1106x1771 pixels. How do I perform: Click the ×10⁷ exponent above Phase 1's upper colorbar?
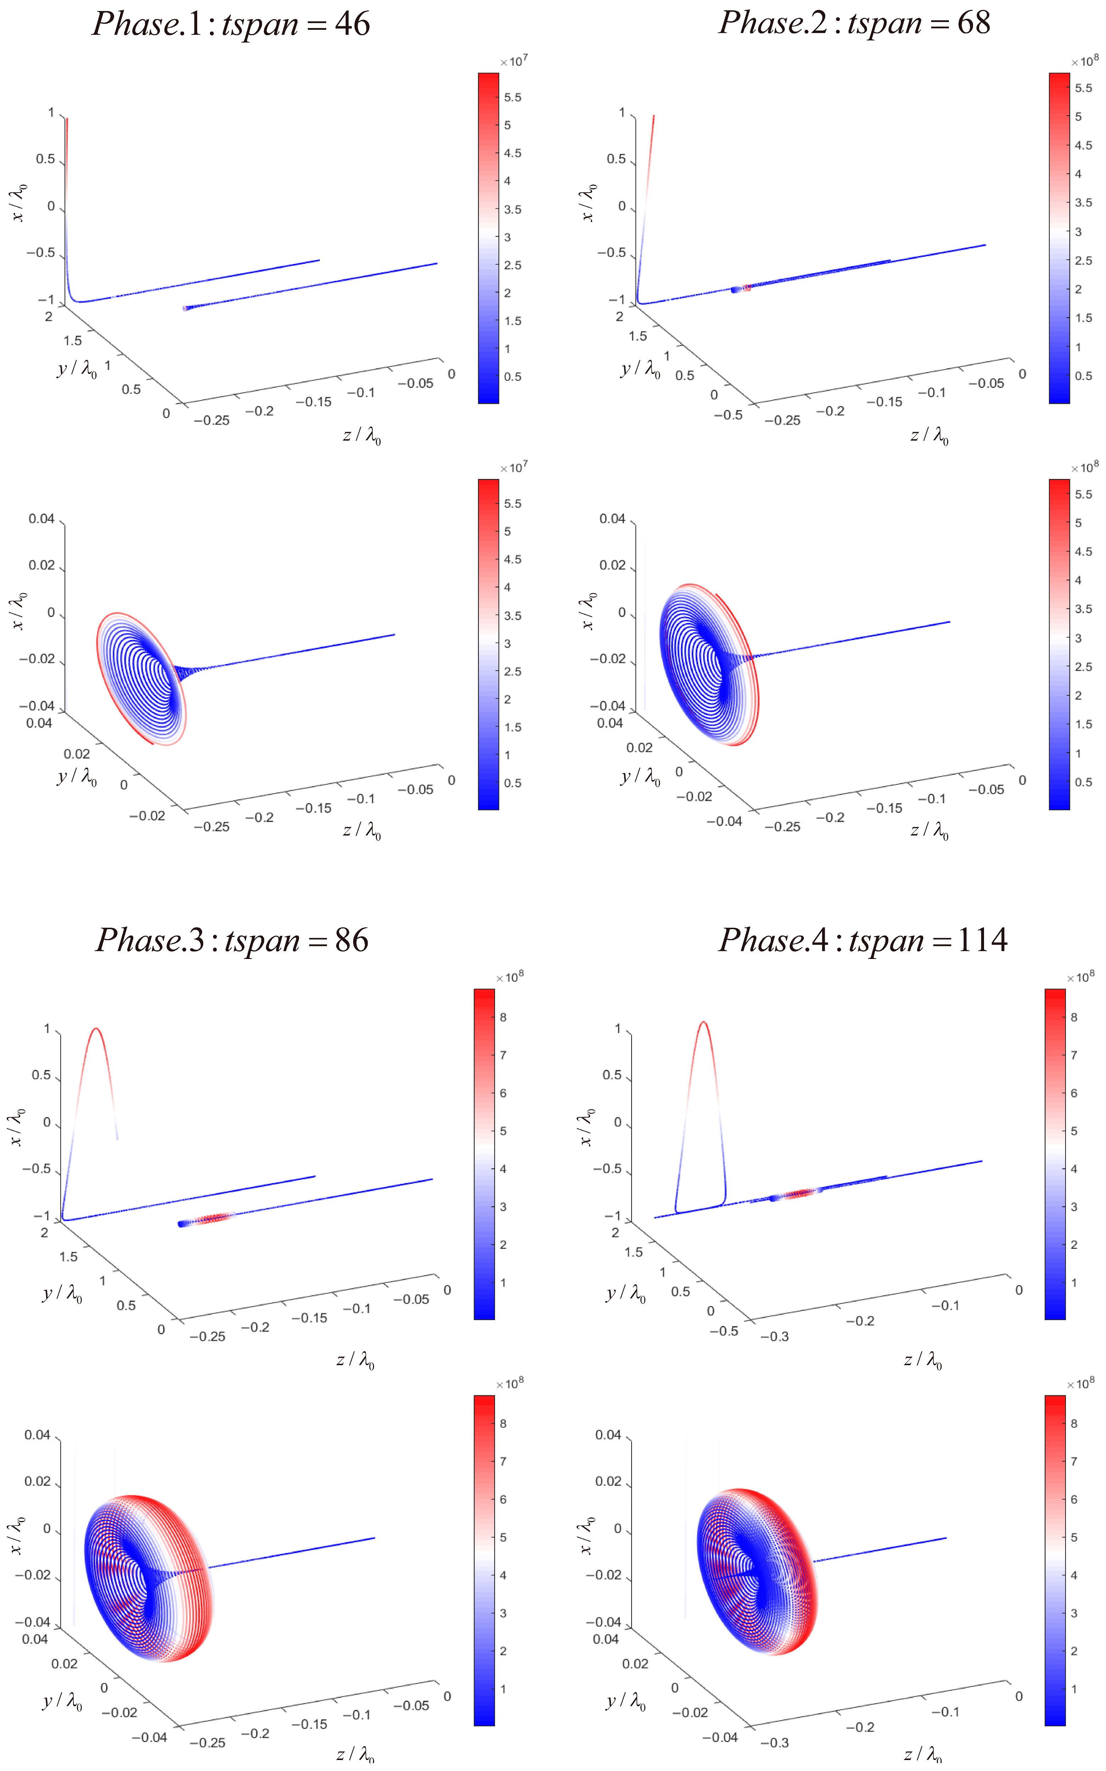point(514,61)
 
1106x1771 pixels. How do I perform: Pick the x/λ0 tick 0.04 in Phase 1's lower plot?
point(41,519)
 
